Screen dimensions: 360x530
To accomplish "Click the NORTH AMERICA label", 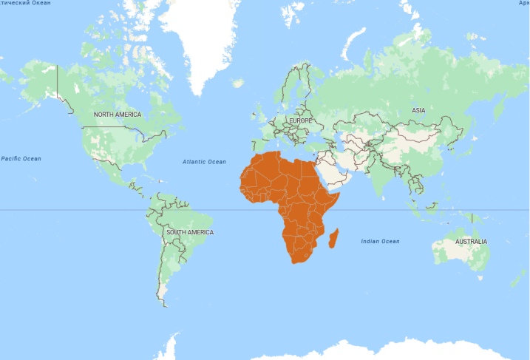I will (x=117, y=115).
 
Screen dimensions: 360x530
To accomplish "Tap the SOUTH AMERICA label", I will (x=190, y=232).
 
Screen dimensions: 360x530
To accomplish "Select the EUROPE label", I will (x=300, y=120).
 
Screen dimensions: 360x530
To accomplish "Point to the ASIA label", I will (x=418, y=110).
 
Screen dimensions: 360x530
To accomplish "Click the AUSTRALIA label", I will (x=471, y=242).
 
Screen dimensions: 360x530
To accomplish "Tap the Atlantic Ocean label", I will (x=205, y=161).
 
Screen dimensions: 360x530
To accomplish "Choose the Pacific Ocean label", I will (x=21, y=158).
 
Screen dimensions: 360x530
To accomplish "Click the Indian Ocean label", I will (x=380, y=242).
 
